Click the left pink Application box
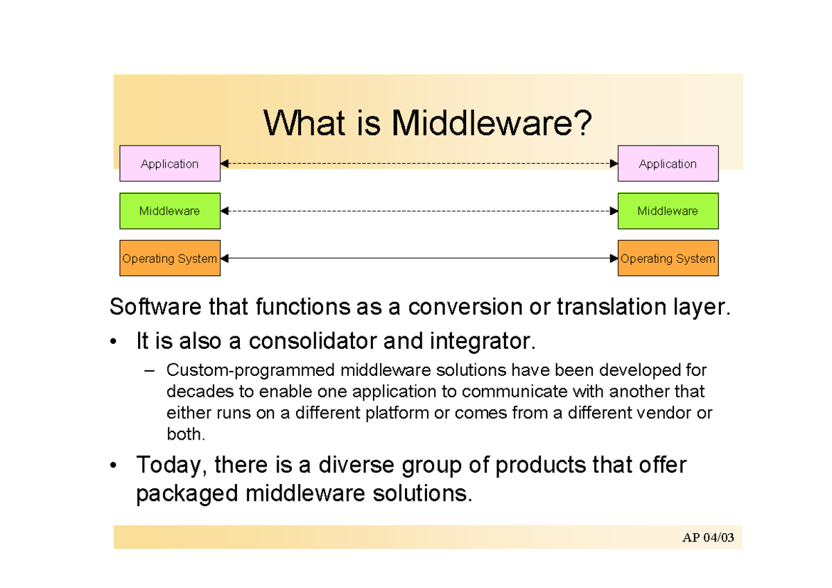(x=170, y=164)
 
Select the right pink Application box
(x=668, y=164)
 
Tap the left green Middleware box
(x=170, y=211)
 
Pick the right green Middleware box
(x=668, y=211)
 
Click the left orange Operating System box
(x=170, y=258)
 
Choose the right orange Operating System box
(x=668, y=258)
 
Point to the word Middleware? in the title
(x=492, y=124)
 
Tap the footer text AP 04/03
(x=707, y=538)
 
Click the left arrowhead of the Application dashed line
(x=225, y=164)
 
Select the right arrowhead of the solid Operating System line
(x=614, y=258)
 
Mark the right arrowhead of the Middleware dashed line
(x=614, y=211)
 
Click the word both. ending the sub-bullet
(x=187, y=435)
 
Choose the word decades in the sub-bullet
(x=191, y=392)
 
